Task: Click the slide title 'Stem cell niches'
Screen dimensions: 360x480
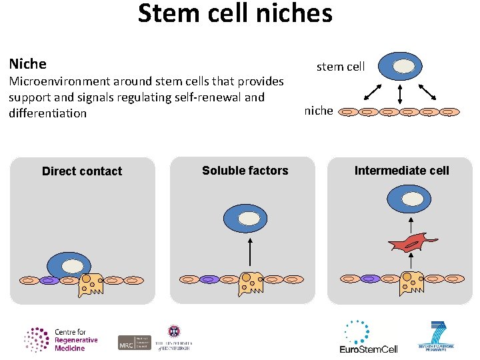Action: [x=235, y=14]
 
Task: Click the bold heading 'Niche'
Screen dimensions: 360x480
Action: [x=27, y=64]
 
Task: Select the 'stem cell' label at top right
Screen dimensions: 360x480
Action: [x=340, y=67]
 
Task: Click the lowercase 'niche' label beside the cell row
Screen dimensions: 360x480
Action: [x=319, y=111]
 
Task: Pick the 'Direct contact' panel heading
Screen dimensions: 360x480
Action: [x=82, y=171]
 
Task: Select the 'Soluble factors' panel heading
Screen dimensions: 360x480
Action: [x=245, y=171]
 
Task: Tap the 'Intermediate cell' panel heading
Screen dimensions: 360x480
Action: [x=401, y=171]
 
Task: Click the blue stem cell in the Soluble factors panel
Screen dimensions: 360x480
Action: [x=245, y=219]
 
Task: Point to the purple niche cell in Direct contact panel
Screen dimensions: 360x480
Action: [x=49, y=281]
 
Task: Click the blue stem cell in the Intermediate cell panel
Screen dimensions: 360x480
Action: [x=409, y=199]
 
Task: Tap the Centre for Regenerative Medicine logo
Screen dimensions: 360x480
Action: [x=61, y=340]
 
